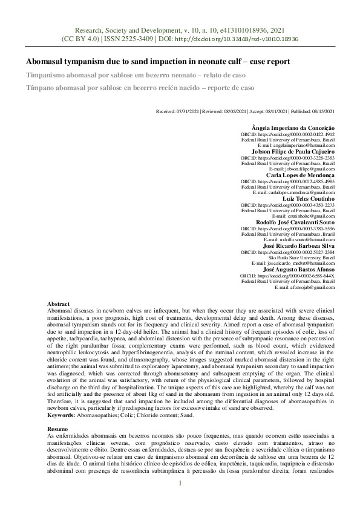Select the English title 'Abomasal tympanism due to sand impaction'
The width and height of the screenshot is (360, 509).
click(x=158, y=62)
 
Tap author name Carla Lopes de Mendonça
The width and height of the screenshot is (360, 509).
click(x=301, y=175)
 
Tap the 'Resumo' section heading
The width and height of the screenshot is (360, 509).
click(x=58, y=429)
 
